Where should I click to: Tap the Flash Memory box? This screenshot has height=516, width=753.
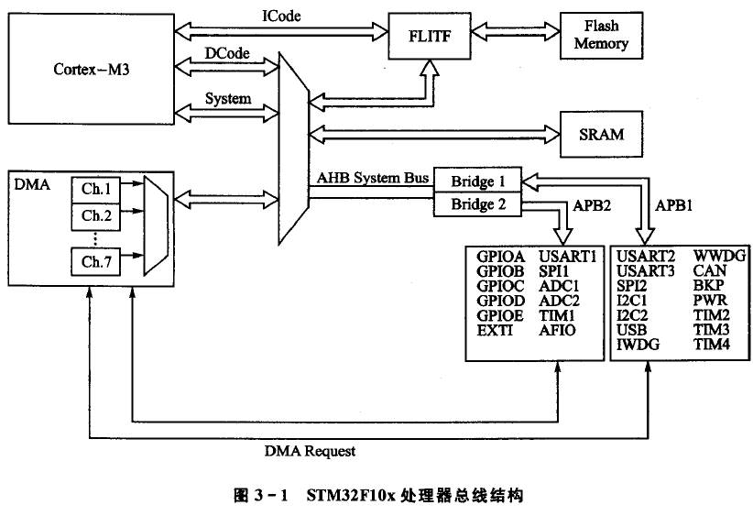click(x=601, y=36)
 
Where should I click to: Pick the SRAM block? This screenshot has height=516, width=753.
click(x=601, y=134)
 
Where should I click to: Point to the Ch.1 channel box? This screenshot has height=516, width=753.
click(x=95, y=190)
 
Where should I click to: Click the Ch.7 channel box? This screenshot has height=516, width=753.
click(x=95, y=263)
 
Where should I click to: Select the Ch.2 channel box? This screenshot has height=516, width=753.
click(x=95, y=216)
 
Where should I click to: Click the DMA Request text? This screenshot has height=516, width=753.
click(x=310, y=451)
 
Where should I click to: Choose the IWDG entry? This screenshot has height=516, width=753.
click(x=638, y=344)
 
